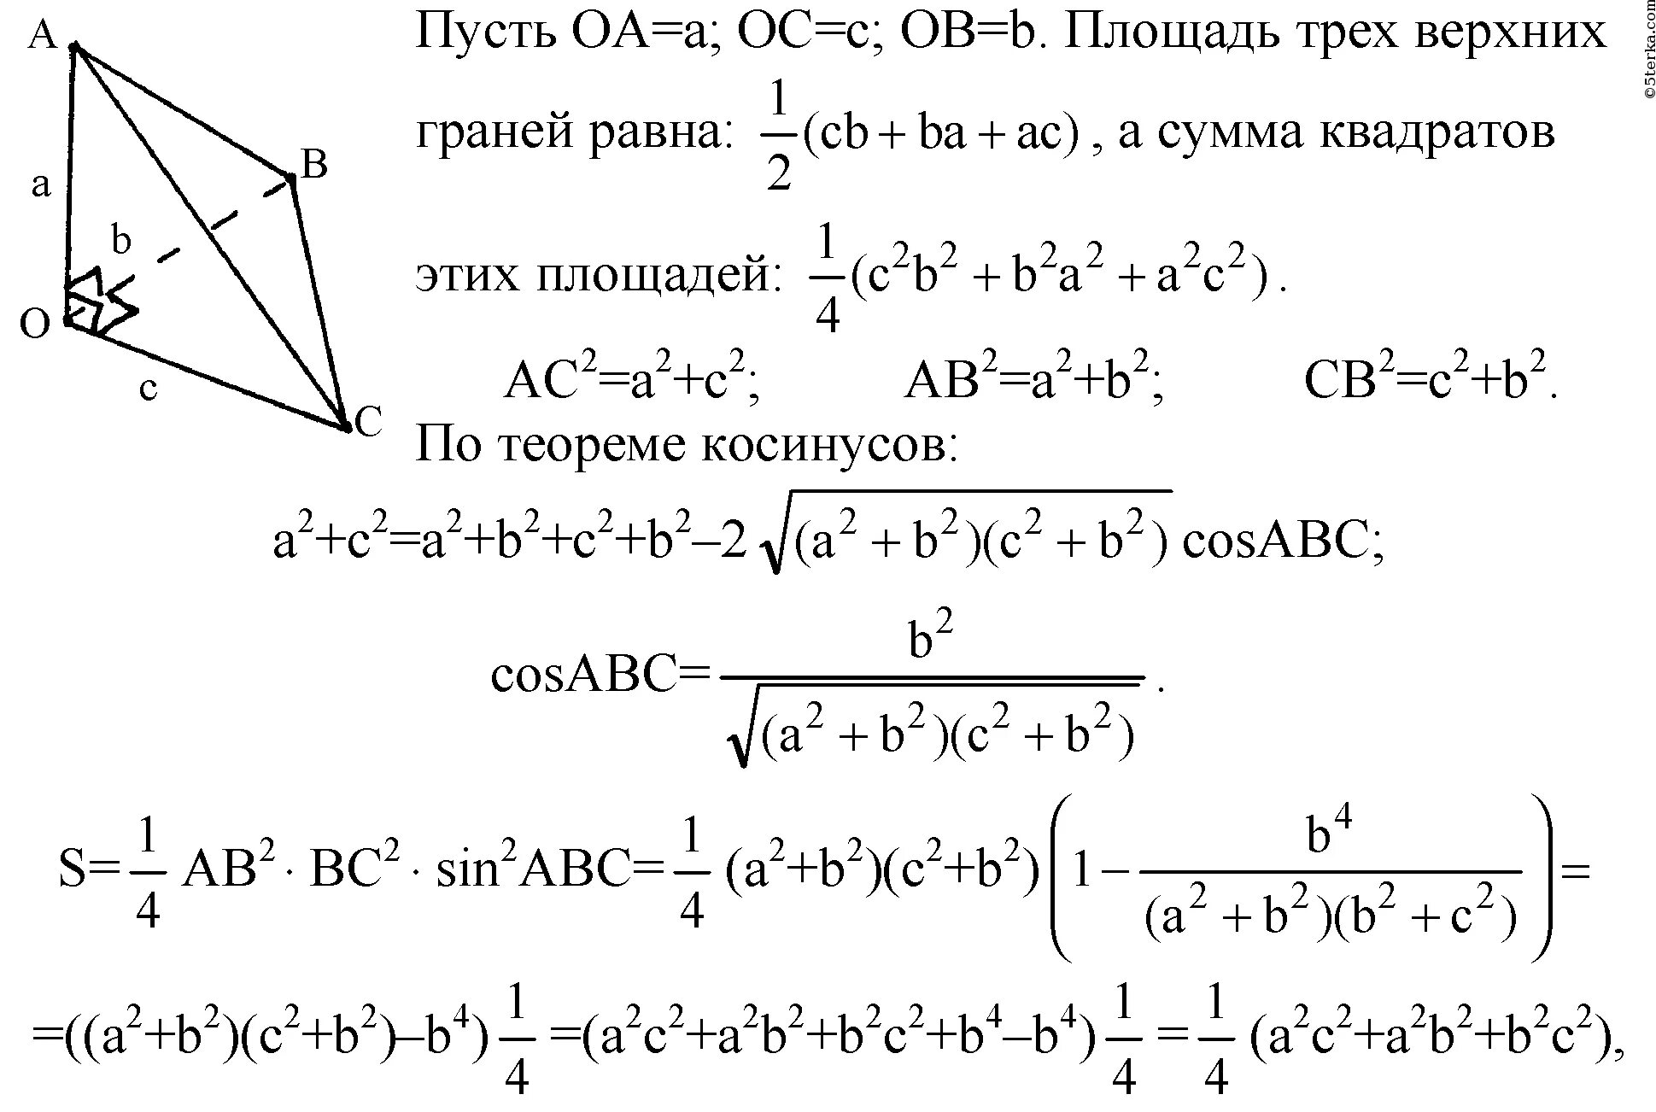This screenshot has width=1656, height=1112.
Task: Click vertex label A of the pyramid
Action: coord(42,36)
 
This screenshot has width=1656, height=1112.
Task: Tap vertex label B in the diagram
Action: coord(314,164)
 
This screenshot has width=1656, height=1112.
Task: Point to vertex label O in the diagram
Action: coord(35,325)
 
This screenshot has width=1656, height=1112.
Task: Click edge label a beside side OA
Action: coord(40,184)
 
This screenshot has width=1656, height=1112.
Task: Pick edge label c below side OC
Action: coord(148,388)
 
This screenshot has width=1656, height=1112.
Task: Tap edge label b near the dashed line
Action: coord(121,241)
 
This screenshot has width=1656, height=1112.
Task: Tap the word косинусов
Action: coord(828,446)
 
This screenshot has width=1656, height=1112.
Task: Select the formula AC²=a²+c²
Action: coord(632,380)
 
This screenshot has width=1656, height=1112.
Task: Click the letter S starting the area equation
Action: coord(73,873)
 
